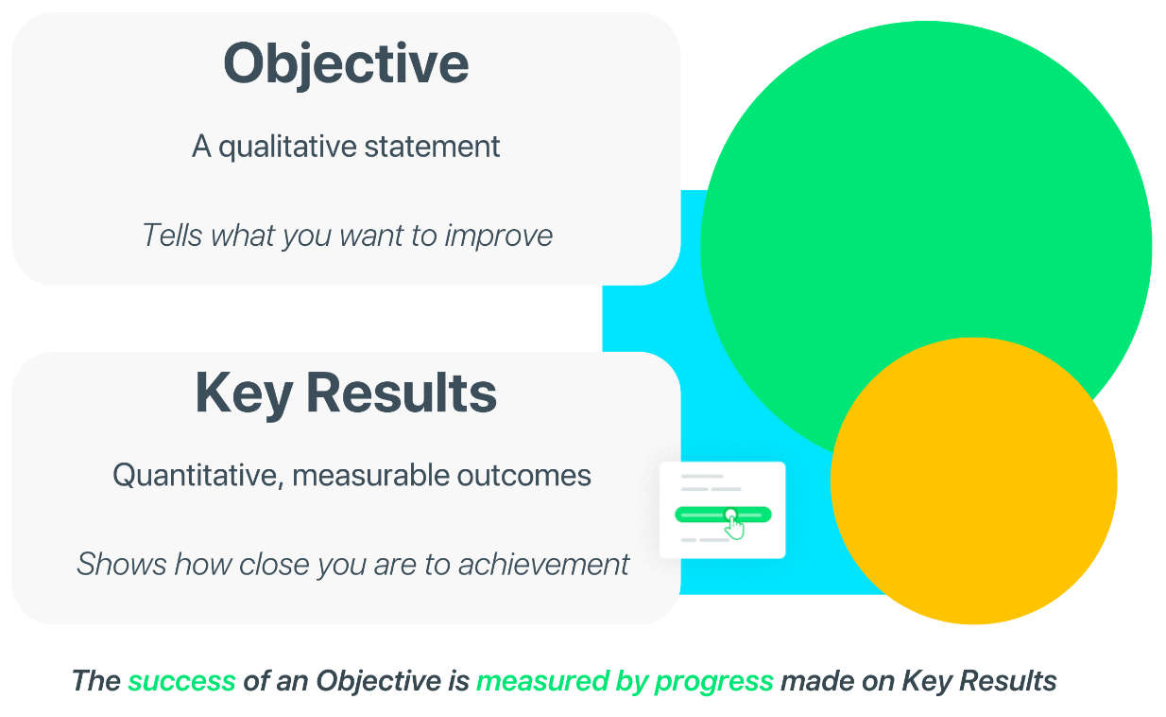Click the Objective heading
coord(346,65)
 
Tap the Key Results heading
coord(346,394)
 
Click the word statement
coord(432,147)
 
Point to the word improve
coord(499,236)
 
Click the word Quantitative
coord(198,476)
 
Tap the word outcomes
coord(523,476)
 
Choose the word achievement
coord(543,565)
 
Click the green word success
coord(181,681)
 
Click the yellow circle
coord(973,481)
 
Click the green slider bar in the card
coord(723,515)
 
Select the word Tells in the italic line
coord(172,236)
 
